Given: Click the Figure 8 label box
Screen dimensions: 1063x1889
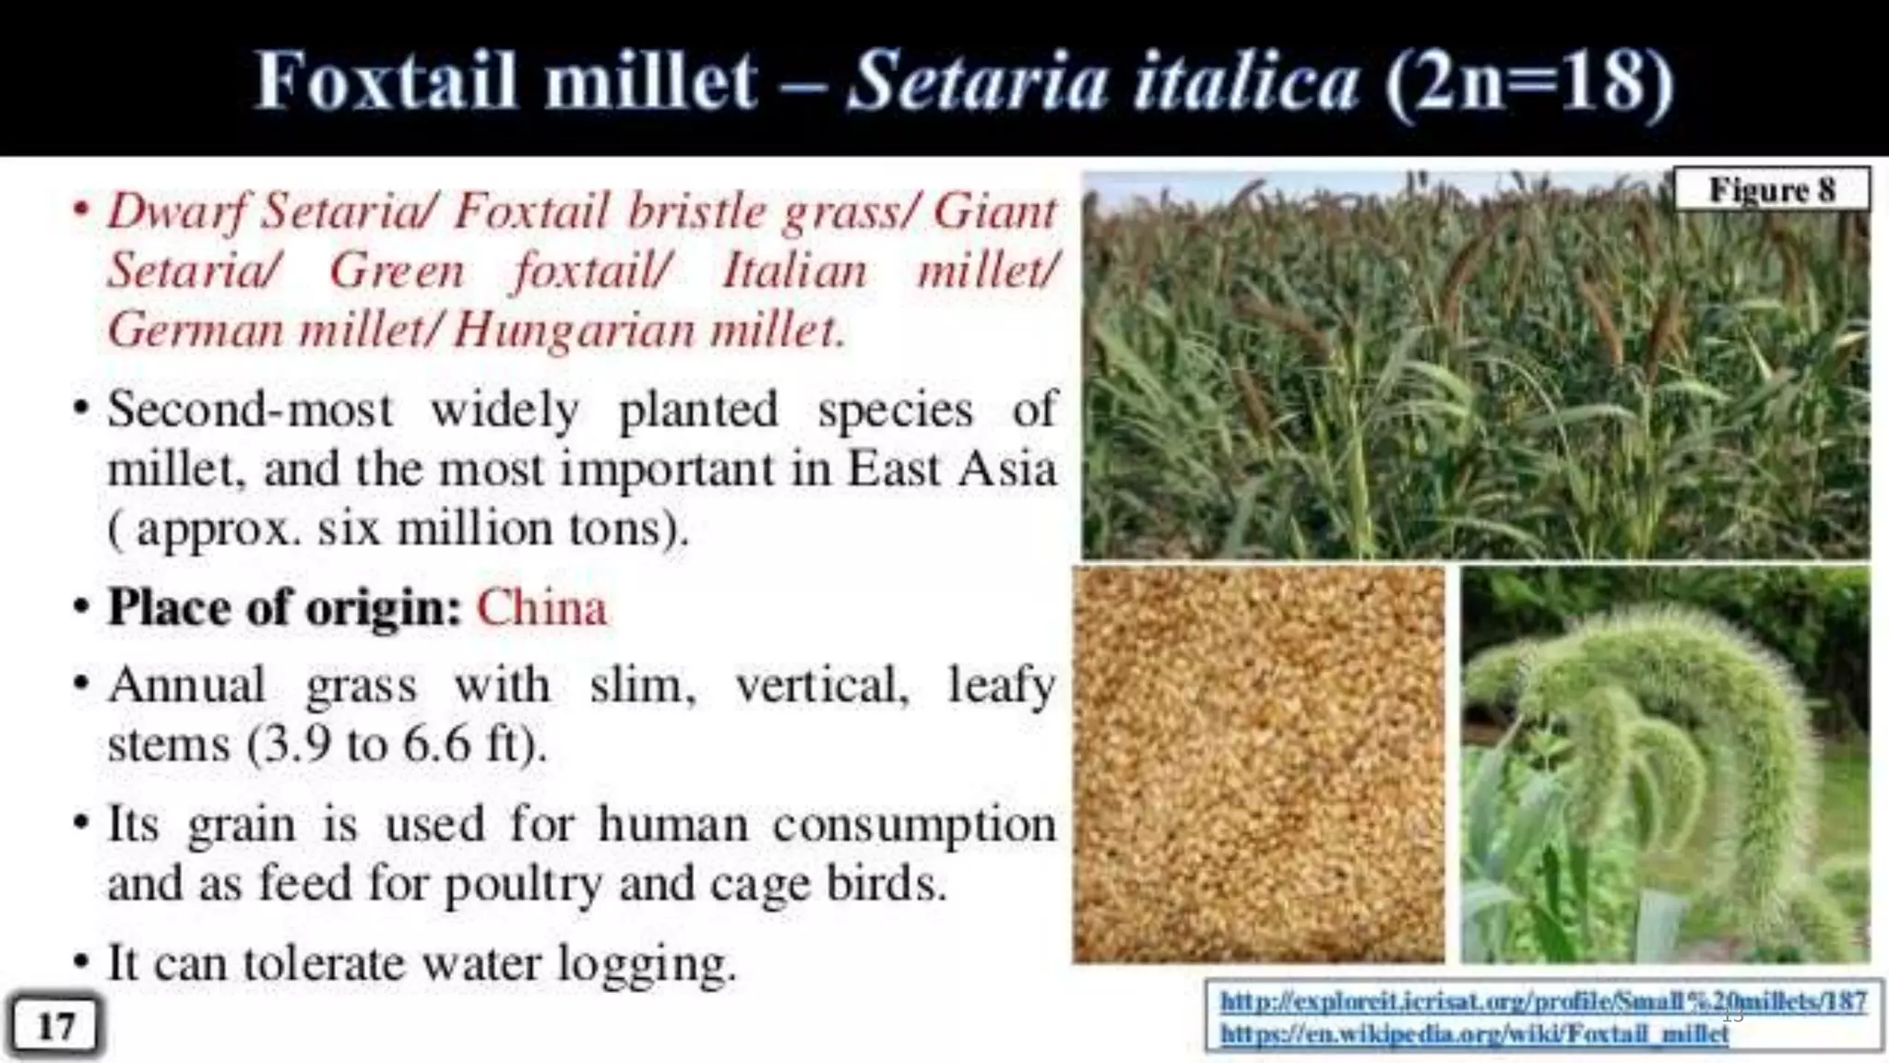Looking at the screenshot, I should [x=1771, y=190].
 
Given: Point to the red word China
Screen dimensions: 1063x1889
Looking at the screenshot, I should [x=541, y=608].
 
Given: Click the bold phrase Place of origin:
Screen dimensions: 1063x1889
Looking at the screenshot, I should [x=284, y=608].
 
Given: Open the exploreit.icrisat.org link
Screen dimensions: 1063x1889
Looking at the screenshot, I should [x=1543, y=1001].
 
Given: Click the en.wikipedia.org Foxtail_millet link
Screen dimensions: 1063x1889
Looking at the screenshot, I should [x=1474, y=1033].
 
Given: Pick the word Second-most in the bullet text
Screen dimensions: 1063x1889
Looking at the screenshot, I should [x=250, y=410].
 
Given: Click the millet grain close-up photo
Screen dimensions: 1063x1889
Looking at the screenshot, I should [x=1258, y=765].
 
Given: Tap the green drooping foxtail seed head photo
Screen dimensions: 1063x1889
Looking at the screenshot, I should [x=1666, y=765].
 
